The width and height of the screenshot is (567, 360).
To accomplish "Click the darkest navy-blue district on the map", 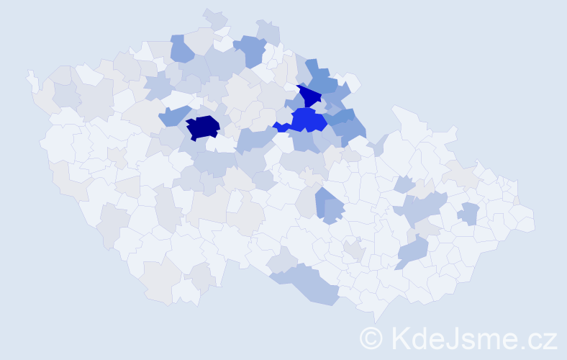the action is [x=202, y=127].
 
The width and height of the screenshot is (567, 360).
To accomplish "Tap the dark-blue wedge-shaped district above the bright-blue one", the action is [x=311, y=96].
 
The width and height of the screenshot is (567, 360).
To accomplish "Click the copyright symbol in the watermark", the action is [x=371, y=338].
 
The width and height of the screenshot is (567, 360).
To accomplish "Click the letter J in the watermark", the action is [x=455, y=338].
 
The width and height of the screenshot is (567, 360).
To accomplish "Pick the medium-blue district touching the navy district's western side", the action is [x=174, y=116].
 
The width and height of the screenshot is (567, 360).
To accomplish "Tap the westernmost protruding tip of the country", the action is [x=30, y=74].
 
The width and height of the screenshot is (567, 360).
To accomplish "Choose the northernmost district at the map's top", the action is [x=214, y=15].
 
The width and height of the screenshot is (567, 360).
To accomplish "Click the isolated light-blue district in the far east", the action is [x=468, y=214].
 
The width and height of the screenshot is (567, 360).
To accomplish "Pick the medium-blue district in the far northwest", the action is [x=181, y=48].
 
